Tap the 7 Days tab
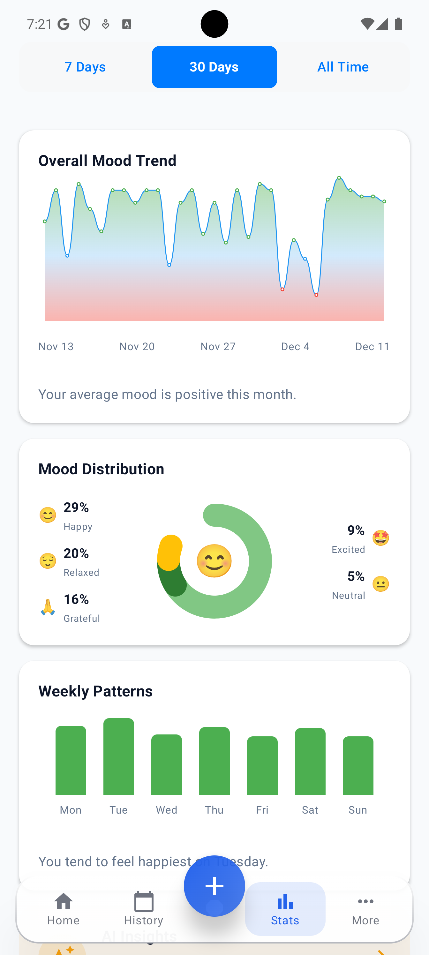[x=85, y=67]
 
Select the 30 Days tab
[x=214, y=67]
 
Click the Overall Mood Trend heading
[x=107, y=161]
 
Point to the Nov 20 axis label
[x=137, y=346]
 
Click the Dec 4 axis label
[x=295, y=346]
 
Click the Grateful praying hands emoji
[x=48, y=607]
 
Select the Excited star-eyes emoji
[x=380, y=538]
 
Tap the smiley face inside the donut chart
[x=214, y=560]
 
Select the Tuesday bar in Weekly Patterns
[x=119, y=756]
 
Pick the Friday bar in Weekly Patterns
[x=262, y=765]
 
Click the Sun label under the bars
[x=357, y=810]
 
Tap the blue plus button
[x=214, y=886]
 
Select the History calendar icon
[x=144, y=902]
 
